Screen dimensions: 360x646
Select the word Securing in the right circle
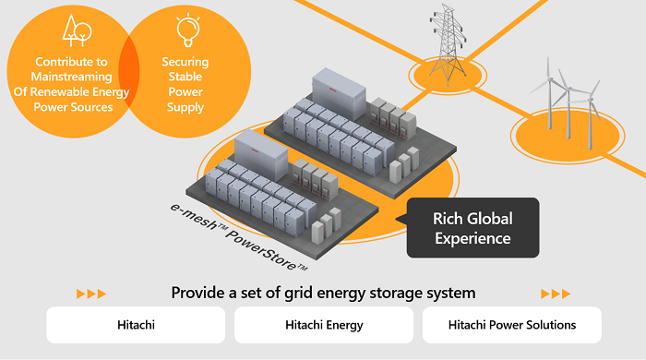[187, 62]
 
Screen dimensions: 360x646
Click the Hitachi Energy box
[323, 325]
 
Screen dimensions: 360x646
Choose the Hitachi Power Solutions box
[511, 325]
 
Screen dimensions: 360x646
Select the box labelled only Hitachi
[136, 325]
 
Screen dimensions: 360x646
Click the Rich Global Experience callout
[473, 228]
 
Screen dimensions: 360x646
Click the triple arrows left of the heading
[91, 294]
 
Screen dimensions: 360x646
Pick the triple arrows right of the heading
[555, 294]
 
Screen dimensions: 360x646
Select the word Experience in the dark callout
[473, 238]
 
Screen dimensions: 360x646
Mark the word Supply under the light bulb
[187, 107]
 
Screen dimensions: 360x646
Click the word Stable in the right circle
[187, 77]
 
